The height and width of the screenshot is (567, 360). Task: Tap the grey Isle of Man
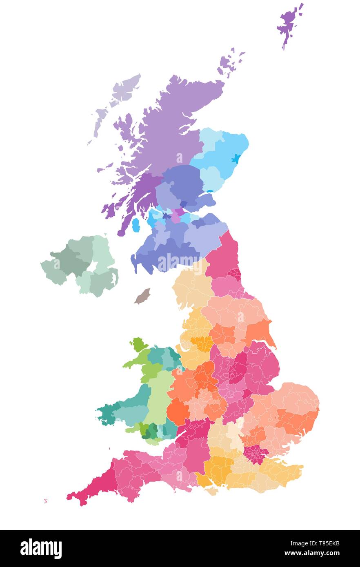(142, 296)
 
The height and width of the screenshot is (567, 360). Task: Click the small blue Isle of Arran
(136, 224)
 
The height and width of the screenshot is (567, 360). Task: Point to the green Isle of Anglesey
(139, 344)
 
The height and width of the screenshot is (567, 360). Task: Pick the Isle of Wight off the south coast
(211, 491)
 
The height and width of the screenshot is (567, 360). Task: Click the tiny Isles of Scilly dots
(45, 501)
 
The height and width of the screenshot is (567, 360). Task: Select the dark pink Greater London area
(256, 454)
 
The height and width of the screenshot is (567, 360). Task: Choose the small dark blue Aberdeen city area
(236, 158)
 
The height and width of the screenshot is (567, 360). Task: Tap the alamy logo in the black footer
(41, 548)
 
